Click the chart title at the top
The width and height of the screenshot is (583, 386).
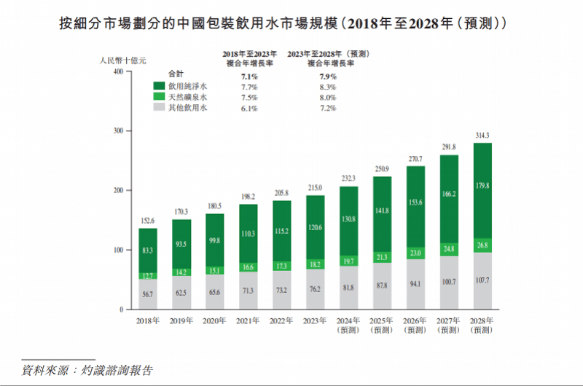291,24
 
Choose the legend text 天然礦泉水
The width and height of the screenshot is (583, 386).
188,96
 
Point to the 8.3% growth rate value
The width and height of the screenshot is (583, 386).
327,85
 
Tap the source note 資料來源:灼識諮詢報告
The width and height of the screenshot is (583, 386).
87,370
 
